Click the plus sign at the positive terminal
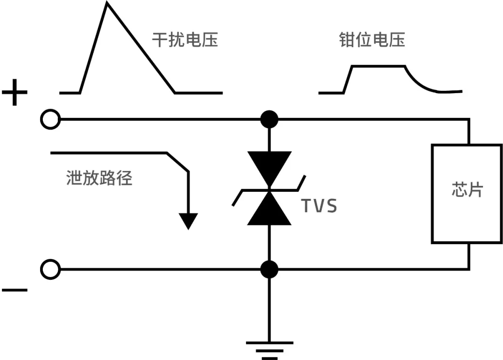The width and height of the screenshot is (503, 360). click(x=14, y=93)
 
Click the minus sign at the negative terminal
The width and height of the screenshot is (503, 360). click(x=14, y=290)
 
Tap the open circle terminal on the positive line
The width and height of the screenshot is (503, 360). click(x=50, y=120)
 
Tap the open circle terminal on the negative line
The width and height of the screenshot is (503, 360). click(x=50, y=269)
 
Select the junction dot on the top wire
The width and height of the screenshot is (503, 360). click(x=269, y=120)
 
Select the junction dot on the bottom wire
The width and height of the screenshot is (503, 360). click(x=269, y=269)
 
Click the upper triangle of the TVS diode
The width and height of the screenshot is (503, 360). click(x=269, y=168)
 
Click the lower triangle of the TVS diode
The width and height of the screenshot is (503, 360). click(x=269, y=211)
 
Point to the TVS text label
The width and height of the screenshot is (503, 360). click(x=319, y=206)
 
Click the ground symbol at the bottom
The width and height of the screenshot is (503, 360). click(x=269, y=349)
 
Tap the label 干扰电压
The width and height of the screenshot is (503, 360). click(x=185, y=40)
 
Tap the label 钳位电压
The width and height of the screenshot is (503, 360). click(x=372, y=40)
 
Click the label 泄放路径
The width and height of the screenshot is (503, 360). click(x=99, y=178)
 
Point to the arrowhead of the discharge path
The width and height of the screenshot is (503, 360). click(x=188, y=221)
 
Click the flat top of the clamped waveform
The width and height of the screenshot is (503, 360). click(x=378, y=67)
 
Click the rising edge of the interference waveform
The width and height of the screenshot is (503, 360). click(x=93, y=49)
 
